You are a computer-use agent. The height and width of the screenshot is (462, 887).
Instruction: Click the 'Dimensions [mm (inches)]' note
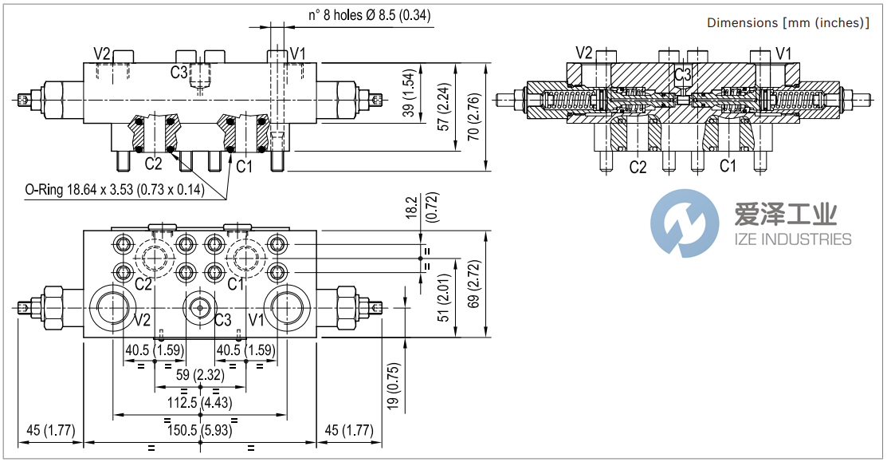787,22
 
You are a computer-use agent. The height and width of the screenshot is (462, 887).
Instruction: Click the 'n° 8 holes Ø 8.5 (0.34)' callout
370,14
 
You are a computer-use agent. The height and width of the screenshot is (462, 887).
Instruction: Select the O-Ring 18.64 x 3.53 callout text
114,190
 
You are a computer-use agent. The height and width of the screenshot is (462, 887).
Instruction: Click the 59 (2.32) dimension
199,374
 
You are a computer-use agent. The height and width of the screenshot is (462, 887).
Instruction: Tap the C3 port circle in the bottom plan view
200,308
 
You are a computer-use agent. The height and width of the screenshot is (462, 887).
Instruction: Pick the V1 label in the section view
784,53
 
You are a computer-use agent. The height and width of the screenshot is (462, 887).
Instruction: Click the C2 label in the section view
638,167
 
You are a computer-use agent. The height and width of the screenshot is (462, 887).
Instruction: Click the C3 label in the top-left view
179,73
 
